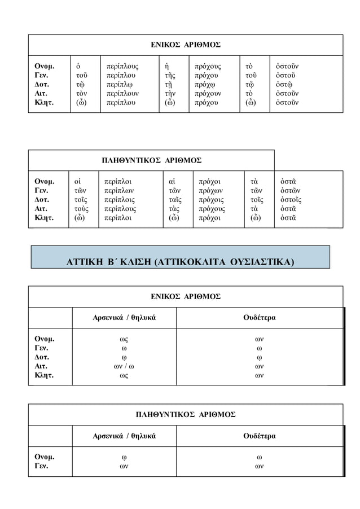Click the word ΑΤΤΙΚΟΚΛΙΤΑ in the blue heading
(190, 262)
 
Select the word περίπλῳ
(120, 84)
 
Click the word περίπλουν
(122, 93)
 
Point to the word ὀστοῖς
(291, 200)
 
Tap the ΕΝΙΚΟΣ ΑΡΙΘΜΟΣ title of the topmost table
(186, 44)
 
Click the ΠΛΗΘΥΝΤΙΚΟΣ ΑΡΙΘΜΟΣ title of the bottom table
(186, 414)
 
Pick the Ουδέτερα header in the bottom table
(259, 436)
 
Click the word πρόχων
(212, 191)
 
